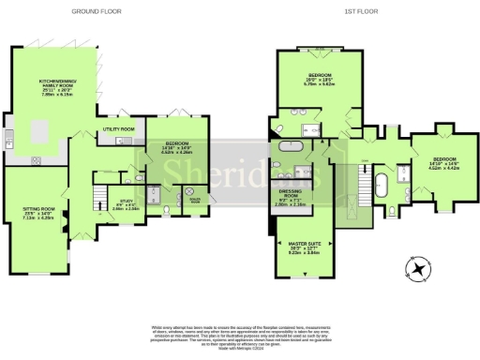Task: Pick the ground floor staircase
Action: point(98,197)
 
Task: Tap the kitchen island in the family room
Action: point(25,137)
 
